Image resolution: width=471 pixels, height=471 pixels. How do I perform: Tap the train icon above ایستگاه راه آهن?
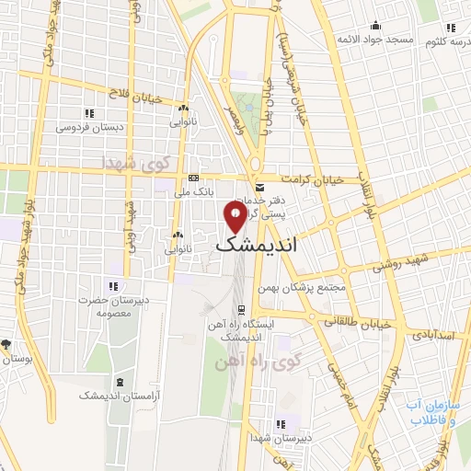click(x=241, y=310)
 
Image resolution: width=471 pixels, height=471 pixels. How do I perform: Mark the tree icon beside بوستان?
click(x=6, y=345)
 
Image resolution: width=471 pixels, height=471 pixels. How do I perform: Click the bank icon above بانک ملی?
click(x=193, y=178)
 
